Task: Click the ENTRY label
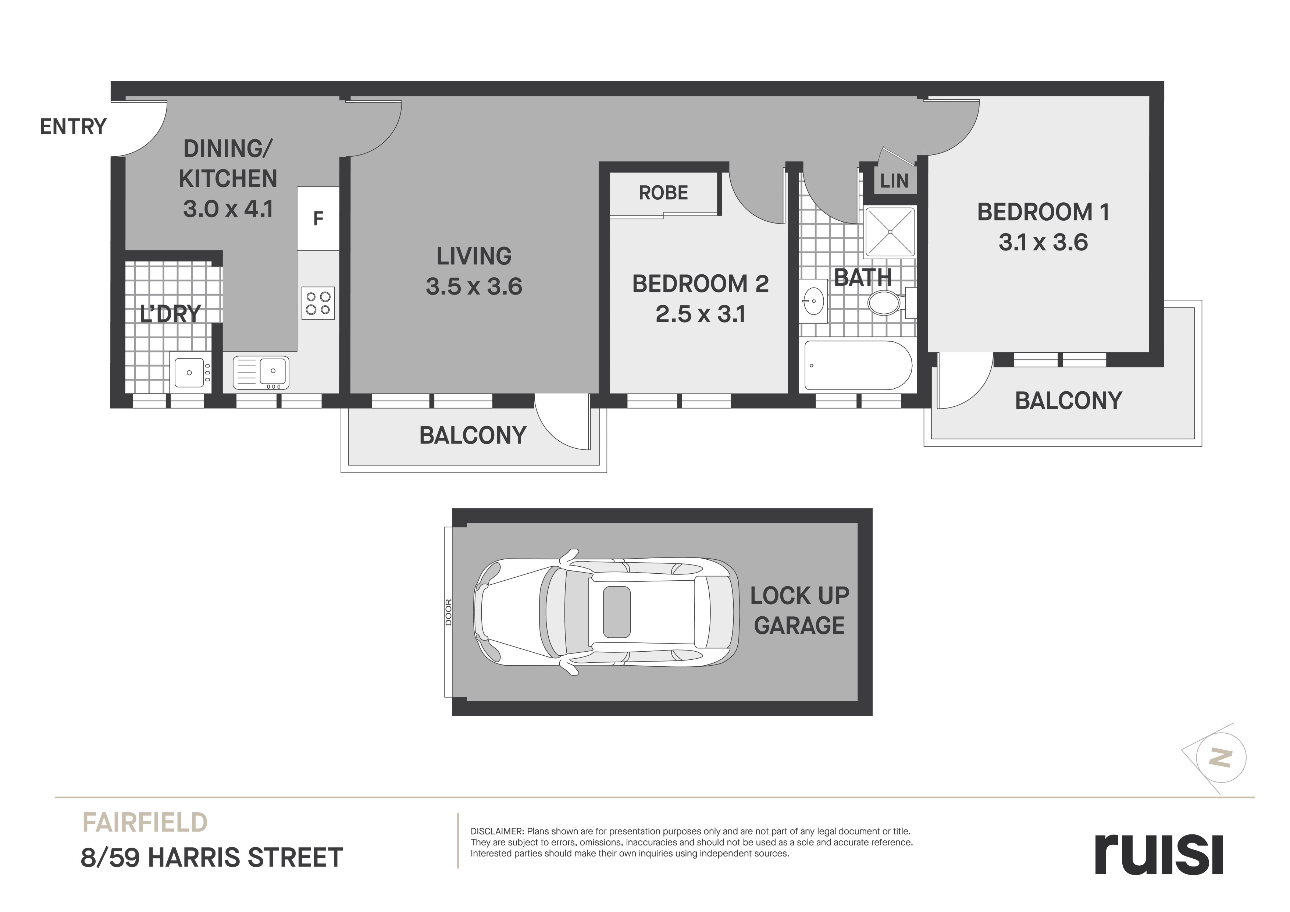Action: [73, 127]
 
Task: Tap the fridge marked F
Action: [318, 218]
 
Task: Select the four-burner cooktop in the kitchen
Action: [318, 303]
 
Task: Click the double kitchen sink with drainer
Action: [261, 373]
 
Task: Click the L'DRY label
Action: [170, 314]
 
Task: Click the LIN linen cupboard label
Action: [894, 181]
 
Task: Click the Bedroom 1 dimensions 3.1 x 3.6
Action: [1043, 243]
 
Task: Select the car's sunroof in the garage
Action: [616, 612]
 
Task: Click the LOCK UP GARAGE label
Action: [799, 610]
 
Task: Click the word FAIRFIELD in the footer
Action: [145, 823]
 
